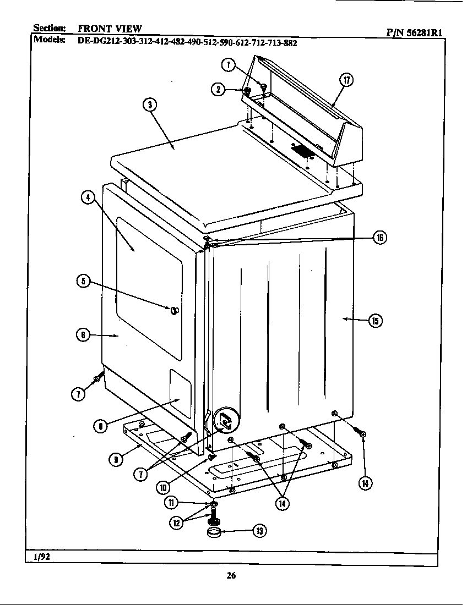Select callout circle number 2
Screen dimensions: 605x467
(219, 90)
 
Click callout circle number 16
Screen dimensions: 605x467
(379, 238)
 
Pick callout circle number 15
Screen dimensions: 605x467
(375, 321)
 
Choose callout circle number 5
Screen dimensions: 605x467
(83, 281)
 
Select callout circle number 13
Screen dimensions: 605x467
(259, 530)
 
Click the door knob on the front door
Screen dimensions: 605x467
(175, 312)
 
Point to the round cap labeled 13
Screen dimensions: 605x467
(216, 532)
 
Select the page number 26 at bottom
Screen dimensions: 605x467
(231, 576)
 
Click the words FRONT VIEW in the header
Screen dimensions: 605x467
(110, 29)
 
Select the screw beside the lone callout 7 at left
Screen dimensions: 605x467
(99, 378)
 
